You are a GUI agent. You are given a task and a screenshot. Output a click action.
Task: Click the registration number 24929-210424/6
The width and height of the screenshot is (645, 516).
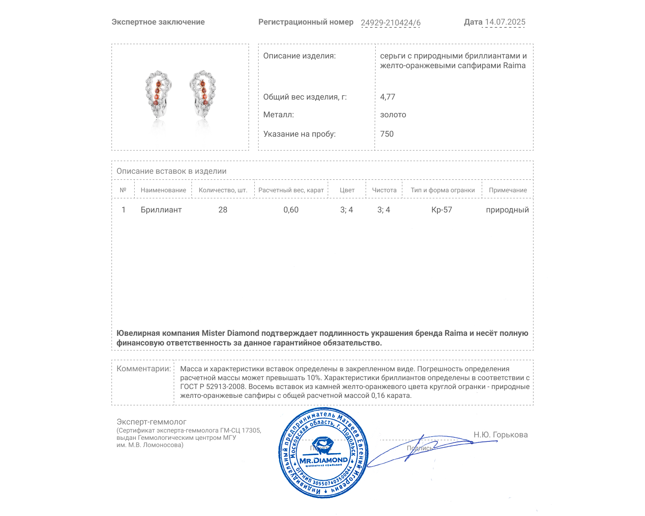(x=390, y=23)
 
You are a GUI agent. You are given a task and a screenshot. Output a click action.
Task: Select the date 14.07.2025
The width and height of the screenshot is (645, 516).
(x=505, y=22)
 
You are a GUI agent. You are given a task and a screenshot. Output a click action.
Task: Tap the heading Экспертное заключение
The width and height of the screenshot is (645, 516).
(x=158, y=22)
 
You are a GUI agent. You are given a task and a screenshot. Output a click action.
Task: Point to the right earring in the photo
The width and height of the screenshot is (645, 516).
(x=203, y=94)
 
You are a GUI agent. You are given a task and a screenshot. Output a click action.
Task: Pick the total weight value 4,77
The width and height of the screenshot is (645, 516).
(x=387, y=97)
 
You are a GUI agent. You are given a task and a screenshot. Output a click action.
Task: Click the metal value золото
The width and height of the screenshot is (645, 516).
(x=393, y=114)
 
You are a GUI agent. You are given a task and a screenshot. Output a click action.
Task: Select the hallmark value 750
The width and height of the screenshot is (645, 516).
(x=387, y=134)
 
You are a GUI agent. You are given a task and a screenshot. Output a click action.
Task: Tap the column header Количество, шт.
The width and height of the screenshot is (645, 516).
(x=223, y=190)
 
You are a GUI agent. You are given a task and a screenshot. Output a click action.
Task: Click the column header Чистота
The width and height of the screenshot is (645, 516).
(x=384, y=190)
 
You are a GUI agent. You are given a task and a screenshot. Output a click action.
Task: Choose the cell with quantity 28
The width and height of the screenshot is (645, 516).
(x=223, y=210)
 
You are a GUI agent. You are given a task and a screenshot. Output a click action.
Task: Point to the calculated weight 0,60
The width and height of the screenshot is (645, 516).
(x=291, y=210)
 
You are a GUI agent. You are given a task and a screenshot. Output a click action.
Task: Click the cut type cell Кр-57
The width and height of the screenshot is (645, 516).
(x=442, y=210)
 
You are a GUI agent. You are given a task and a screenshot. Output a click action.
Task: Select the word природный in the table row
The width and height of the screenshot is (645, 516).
(x=507, y=210)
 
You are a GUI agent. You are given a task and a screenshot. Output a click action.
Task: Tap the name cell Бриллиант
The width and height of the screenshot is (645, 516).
(x=161, y=210)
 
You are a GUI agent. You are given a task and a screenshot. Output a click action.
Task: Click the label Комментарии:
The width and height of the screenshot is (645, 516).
(x=144, y=368)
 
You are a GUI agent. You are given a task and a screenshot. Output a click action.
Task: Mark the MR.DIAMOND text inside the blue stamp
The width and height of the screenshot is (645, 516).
(x=323, y=460)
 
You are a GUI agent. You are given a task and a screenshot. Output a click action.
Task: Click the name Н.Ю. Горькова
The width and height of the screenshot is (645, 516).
(x=500, y=435)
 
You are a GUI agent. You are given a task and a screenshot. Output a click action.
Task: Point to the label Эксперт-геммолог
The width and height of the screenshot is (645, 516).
(x=151, y=422)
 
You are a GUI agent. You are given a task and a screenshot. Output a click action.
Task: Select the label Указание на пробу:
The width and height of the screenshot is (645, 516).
(x=299, y=134)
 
